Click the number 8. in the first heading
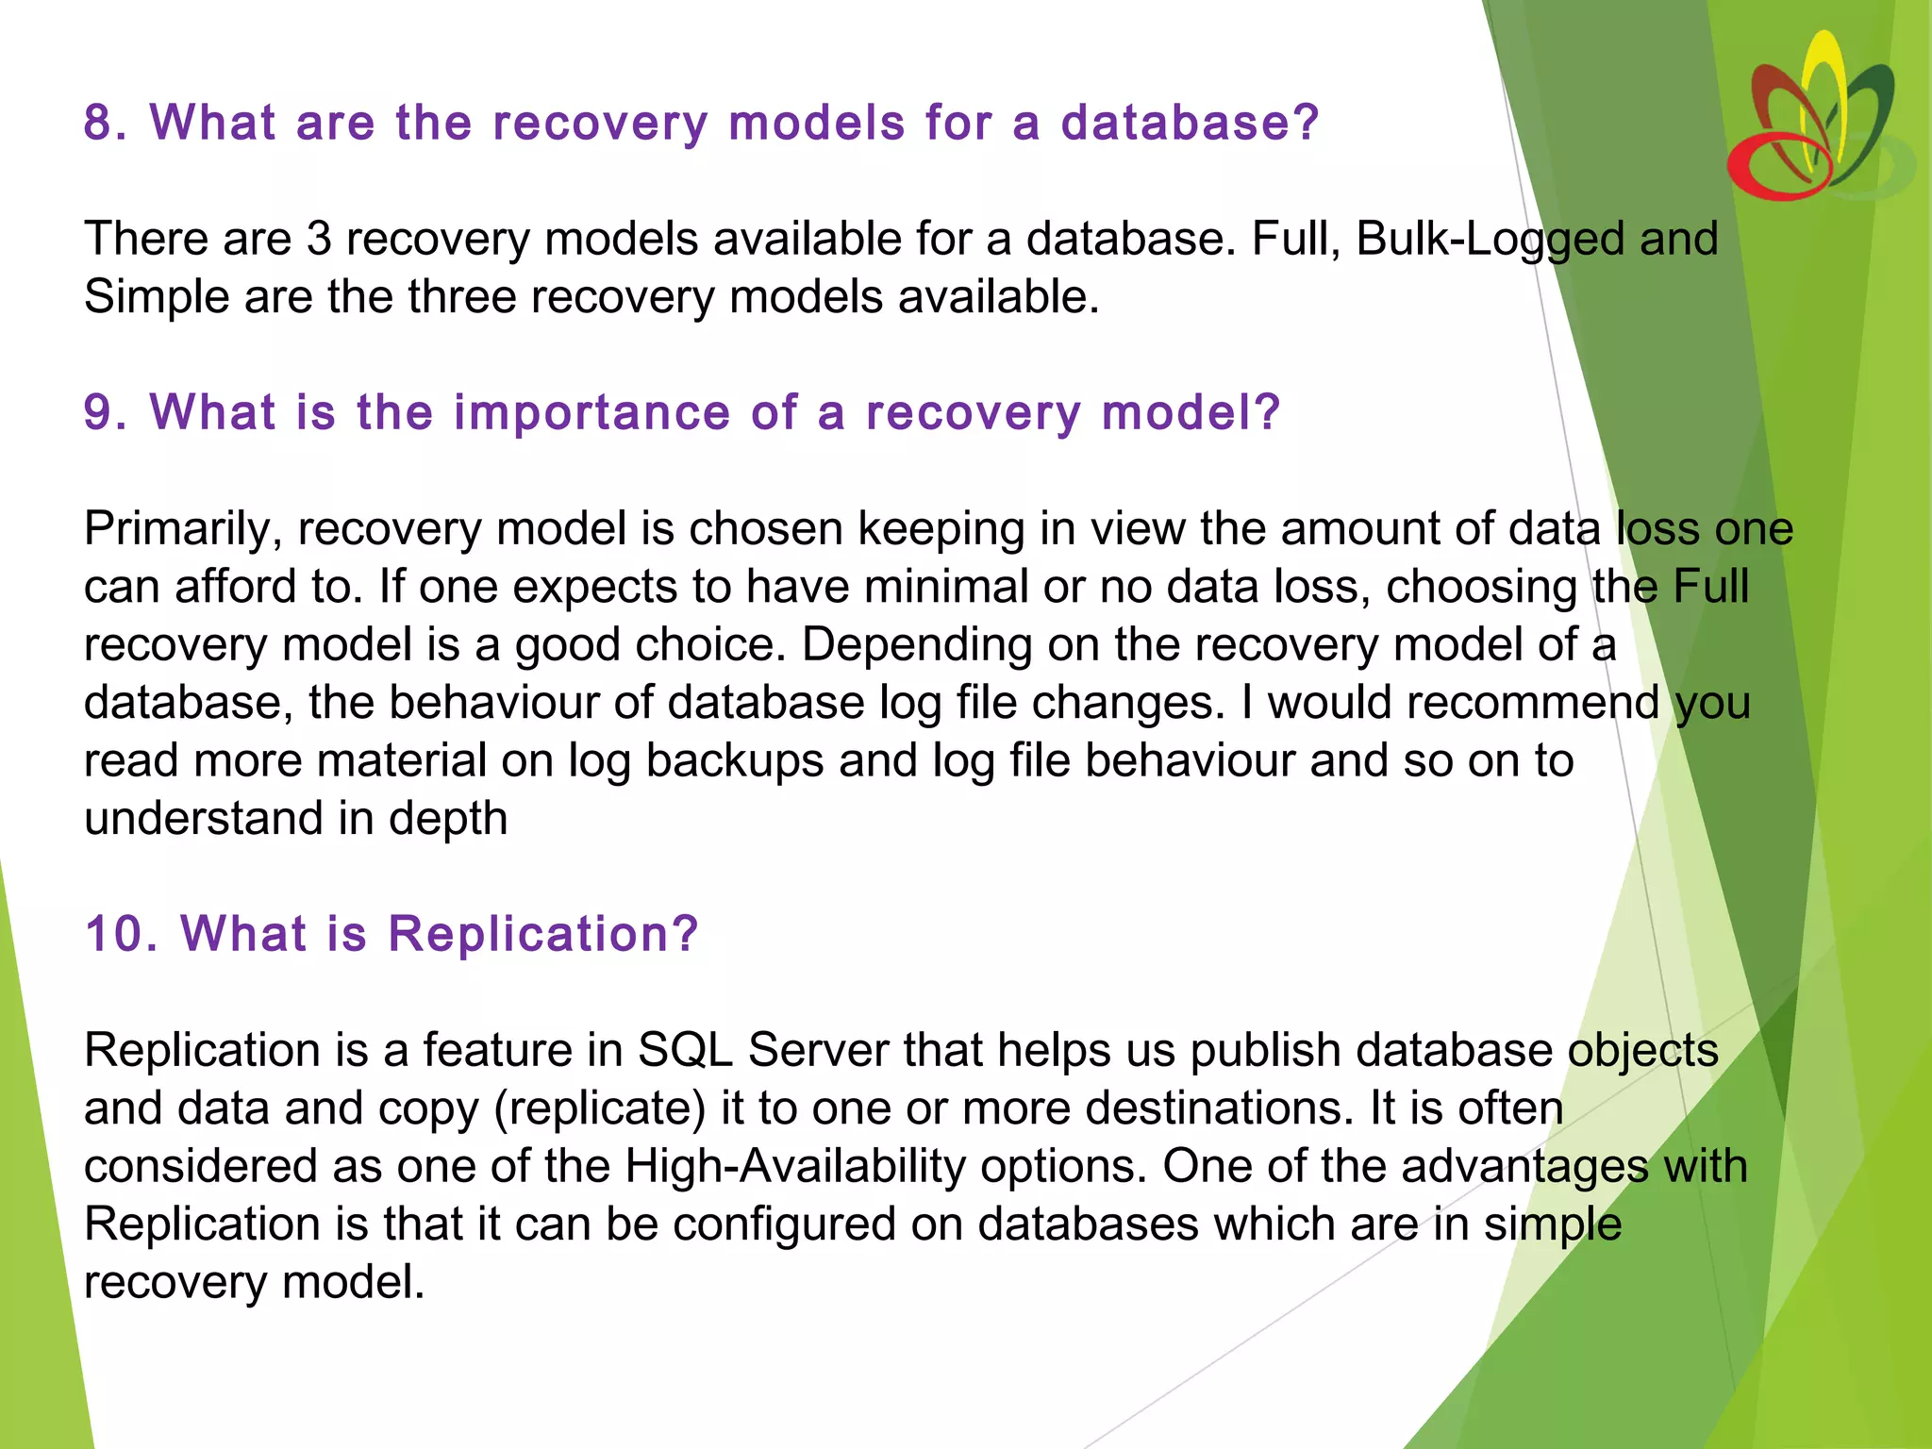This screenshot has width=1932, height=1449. click(x=105, y=123)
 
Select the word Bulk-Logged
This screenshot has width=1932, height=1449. click(x=1491, y=240)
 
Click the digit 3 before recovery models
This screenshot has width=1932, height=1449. click(x=319, y=239)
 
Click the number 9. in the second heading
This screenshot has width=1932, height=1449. click(x=105, y=412)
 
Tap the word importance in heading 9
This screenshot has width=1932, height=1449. click(x=591, y=414)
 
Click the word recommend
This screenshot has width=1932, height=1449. click(x=1462, y=703)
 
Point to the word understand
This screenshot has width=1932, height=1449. click(x=203, y=819)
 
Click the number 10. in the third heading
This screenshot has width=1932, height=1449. click(x=121, y=934)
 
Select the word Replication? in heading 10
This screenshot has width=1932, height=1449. click(x=542, y=934)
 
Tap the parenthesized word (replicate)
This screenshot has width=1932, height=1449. click(x=600, y=1109)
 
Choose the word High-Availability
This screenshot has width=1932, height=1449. click(x=794, y=1167)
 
